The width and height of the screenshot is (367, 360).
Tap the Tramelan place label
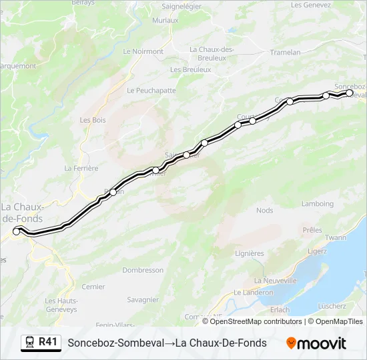point(286,52)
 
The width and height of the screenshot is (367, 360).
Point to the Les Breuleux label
point(190,69)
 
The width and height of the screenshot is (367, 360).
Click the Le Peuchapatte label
point(151,90)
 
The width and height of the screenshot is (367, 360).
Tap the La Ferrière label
point(81,169)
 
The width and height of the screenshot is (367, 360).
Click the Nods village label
point(264,211)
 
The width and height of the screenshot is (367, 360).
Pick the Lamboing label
point(317,204)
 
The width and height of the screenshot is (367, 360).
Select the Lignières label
point(249,253)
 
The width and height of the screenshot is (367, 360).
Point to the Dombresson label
point(143,270)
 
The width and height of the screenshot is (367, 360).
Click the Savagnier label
point(142,300)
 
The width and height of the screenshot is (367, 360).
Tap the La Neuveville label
point(275,281)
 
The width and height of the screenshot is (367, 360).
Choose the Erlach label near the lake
point(280,309)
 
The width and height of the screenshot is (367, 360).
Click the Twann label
point(336,237)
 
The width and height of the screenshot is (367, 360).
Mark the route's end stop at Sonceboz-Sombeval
point(349,93)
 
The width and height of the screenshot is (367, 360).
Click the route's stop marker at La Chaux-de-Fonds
point(17,231)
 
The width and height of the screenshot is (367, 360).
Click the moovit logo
point(316,343)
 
